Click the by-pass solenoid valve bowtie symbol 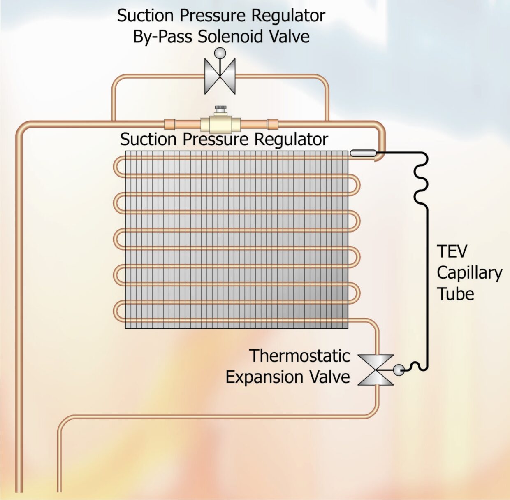tap(220, 76)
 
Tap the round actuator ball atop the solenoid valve tap(220, 53)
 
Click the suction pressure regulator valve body tap(220, 123)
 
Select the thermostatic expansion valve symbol tap(376, 370)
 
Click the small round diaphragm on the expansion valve tap(399, 370)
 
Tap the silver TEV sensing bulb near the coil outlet tap(362, 153)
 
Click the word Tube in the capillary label tap(455, 294)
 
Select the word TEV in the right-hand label tap(452, 251)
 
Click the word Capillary tap(469, 273)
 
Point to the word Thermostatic tap(300, 356)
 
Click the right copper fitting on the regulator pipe tap(272, 123)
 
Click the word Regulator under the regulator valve tap(291, 140)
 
